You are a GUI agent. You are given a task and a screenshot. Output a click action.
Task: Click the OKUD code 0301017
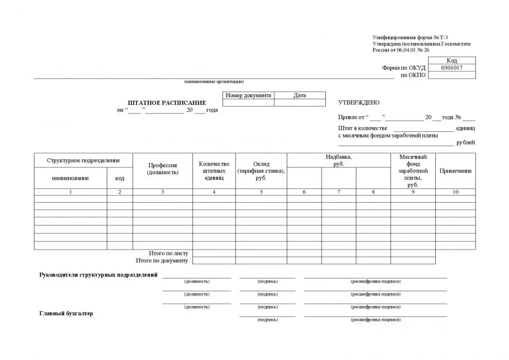click(451, 68)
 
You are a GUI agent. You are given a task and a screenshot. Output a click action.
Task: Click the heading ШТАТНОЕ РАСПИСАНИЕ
click(167, 103)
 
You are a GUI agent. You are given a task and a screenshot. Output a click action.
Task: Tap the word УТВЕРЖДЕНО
click(358, 103)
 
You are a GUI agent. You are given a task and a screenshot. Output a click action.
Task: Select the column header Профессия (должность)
click(162, 169)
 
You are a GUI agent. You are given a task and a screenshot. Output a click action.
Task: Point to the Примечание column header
click(455, 171)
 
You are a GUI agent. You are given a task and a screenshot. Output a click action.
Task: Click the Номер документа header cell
click(248, 95)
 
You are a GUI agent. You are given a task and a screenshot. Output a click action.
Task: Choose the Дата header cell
click(300, 95)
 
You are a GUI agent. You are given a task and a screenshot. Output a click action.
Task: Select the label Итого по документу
click(162, 261)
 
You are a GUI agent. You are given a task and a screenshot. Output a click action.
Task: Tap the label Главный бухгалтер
click(66, 314)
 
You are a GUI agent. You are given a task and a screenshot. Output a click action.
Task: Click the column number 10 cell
click(455, 192)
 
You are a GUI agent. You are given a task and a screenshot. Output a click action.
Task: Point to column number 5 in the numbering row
click(261, 192)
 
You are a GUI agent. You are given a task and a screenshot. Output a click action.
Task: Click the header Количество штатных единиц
click(214, 171)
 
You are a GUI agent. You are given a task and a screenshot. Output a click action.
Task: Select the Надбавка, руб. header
click(338, 160)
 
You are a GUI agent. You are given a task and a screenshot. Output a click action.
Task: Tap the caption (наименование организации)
click(214, 82)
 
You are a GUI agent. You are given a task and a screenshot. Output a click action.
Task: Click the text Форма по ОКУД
click(404, 68)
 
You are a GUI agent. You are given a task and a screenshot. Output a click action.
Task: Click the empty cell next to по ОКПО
click(451, 75)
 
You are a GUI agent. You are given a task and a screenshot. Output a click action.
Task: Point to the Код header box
click(451, 61)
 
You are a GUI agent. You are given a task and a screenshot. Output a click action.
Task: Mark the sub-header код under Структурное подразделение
click(120, 178)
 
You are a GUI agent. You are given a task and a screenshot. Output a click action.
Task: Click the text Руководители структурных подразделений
click(98, 275)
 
